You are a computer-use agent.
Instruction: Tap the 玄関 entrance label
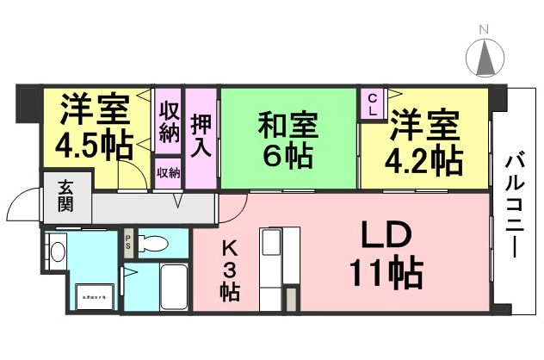(65, 197)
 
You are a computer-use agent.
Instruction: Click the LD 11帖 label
(384, 257)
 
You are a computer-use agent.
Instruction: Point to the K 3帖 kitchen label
(229, 269)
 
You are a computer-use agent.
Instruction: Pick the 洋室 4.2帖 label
(424, 143)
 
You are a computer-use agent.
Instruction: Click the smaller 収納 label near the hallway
(168, 173)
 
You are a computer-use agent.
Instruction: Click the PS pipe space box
(128, 241)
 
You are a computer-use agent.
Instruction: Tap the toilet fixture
(156, 243)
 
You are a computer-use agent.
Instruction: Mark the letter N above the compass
(484, 30)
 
